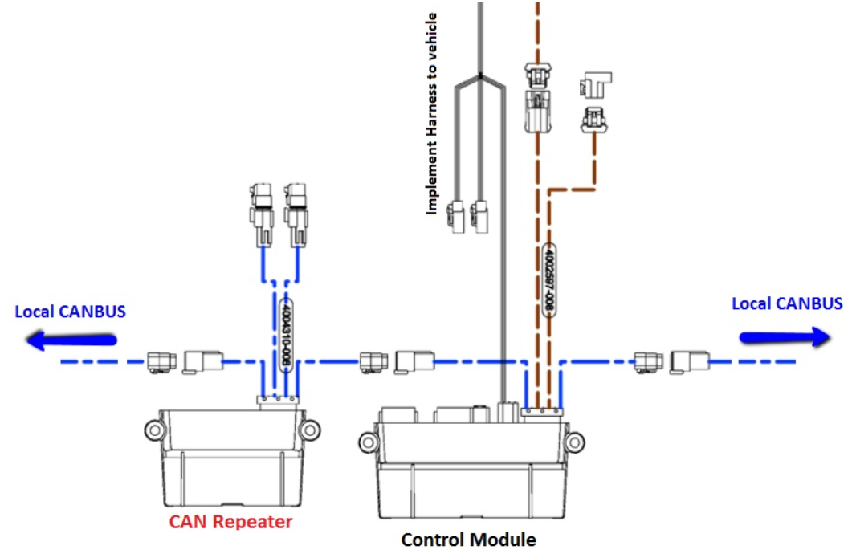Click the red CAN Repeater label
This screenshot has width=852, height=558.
click(x=230, y=522)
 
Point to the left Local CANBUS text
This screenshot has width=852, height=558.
click(x=71, y=312)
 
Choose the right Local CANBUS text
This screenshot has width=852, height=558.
click(x=787, y=303)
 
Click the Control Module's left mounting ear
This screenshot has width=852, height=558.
click(x=369, y=442)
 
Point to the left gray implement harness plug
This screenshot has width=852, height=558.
click(x=455, y=218)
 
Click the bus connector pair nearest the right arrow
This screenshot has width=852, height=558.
click(x=670, y=361)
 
